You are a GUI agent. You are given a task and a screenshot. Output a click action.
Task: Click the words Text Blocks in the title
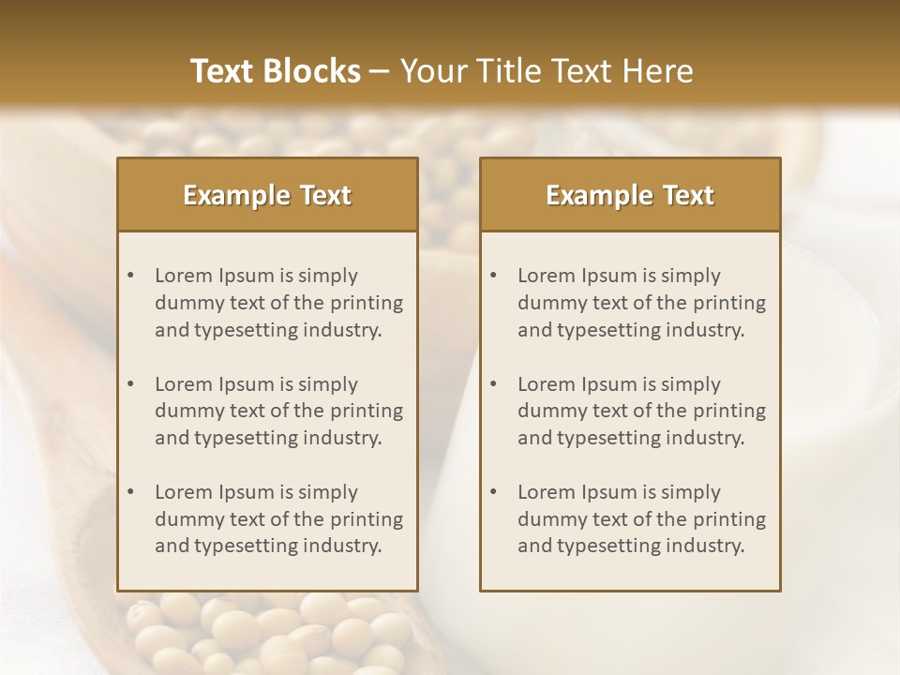[x=276, y=71]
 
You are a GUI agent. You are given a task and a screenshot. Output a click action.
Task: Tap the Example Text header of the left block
[x=267, y=195]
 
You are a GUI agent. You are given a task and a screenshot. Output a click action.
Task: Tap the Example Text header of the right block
[x=630, y=195]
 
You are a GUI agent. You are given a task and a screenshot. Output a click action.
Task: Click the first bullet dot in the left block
[x=130, y=276]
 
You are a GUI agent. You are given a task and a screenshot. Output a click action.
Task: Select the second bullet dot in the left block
[x=130, y=384]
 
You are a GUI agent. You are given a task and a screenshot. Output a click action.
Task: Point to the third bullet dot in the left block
[x=130, y=492]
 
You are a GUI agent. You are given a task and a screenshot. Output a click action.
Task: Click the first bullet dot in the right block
[x=493, y=276]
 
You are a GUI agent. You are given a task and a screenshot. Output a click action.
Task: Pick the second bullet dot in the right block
[x=493, y=384]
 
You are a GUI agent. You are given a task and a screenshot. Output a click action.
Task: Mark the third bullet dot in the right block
[x=493, y=492]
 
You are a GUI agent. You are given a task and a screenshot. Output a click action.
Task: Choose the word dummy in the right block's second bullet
[x=547, y=411]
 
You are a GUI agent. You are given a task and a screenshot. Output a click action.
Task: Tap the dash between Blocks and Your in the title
[x=380, y=71]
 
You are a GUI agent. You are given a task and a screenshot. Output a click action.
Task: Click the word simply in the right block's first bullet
[x=691, y=276]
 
